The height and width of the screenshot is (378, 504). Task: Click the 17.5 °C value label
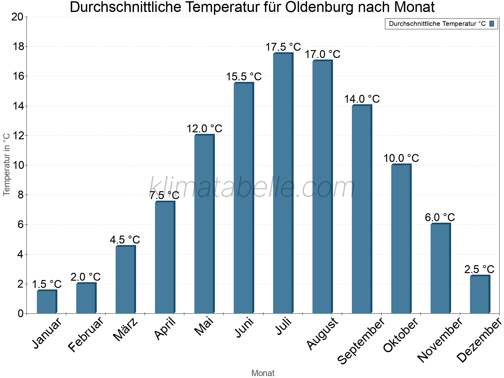click(x=283, y=47)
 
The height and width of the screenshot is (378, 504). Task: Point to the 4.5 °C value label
click(x=125, y=240)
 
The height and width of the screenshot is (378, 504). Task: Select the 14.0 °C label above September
click(x=362, y=99)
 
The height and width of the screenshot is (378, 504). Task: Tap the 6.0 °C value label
click(x=440, y=217)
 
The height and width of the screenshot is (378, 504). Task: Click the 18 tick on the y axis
click(x=18, y=47)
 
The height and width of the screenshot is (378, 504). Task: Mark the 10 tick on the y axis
click(x=18, y=165)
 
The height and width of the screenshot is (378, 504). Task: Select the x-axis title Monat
click(x=263, y=373)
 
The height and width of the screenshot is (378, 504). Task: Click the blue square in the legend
click(x=492, y=24)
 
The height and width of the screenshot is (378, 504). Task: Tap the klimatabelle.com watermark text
click(x=252, y=187)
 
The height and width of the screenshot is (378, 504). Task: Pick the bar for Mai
click(x=204, y=224)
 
